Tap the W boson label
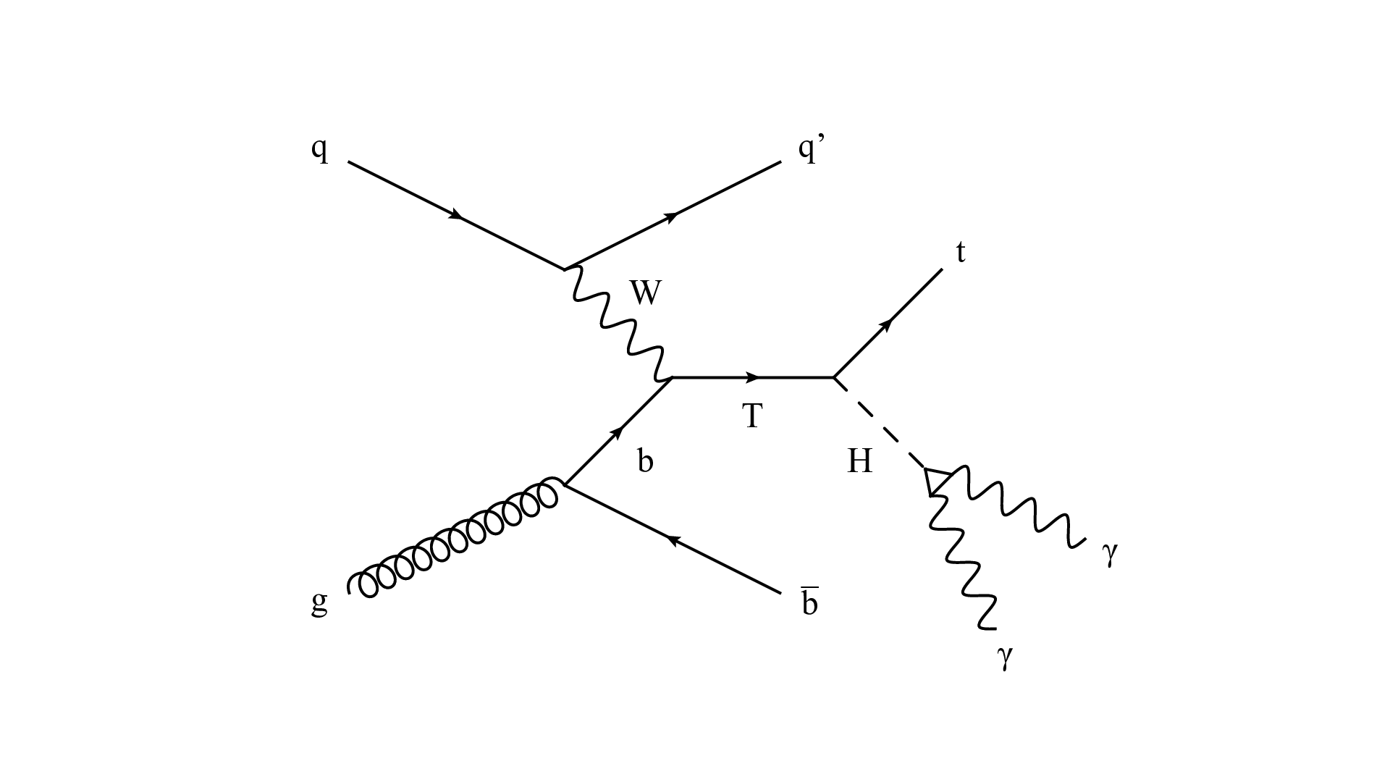(646, 293)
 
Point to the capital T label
(753, 416)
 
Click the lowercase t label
(961, 253)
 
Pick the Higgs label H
(860, 461)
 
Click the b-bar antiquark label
(810, 602)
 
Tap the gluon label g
(319, 603)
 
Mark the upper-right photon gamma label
(1110, 553)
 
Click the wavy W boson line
(618, 324)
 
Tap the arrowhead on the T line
(753, 377)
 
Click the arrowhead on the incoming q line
(456, 215)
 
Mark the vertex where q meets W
(565, 269)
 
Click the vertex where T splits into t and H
(834, 377)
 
